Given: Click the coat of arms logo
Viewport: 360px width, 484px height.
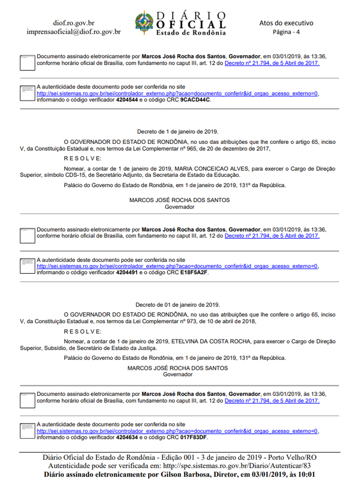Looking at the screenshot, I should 145,23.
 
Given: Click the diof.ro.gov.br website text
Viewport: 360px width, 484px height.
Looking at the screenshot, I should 73,23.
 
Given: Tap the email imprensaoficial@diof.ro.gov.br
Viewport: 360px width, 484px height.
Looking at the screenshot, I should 73,32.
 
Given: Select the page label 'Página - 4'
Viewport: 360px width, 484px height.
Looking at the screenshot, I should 286,32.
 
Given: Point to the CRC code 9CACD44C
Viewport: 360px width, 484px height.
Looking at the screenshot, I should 196,100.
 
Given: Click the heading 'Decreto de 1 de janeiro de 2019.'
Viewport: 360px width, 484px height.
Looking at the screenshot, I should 178,132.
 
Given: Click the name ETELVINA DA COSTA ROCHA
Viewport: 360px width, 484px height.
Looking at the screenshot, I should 208,341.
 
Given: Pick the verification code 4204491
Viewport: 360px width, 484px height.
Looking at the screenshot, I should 127,273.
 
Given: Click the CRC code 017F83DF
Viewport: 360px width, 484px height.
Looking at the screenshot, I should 194,437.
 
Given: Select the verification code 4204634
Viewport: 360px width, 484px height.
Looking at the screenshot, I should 127,437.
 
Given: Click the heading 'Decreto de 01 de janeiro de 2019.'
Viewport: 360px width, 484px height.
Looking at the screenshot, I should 178,304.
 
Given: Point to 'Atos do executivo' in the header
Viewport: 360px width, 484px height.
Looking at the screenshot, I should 286,23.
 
